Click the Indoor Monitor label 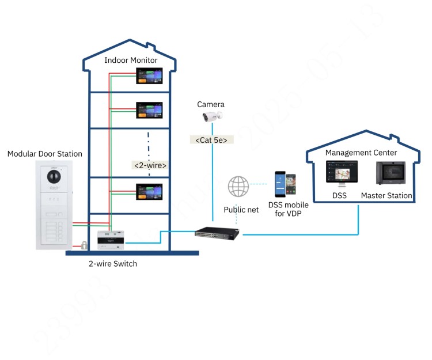pyautogui.click(x=131, y=60)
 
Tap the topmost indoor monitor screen pyautogui.click(x=149, y=77)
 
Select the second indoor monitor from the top pyautogui.click(x=149, y=110)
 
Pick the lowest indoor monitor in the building pyautogui.click(x=149, y=191)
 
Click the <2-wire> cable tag pyautogui.click(x=150, y=165)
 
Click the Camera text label pyautogui.click(x=211, y=104)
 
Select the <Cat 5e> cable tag pyautogui.click(x=211, y=139)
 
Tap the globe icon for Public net pyautogui.click(x=238, y=187)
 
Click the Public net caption pyautogui.click(x=241, y=210)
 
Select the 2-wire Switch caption pyautogui.click(x=113, y=264)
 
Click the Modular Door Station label pyautogui.click(x=44, y=154)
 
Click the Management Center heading pyautogui.click(x=361, y=153)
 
